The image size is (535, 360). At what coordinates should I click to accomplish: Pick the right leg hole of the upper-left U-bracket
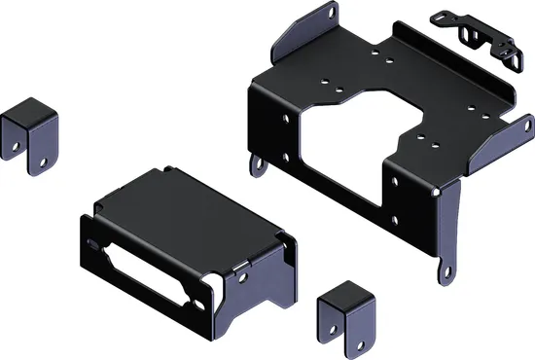[x=47, y=143]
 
